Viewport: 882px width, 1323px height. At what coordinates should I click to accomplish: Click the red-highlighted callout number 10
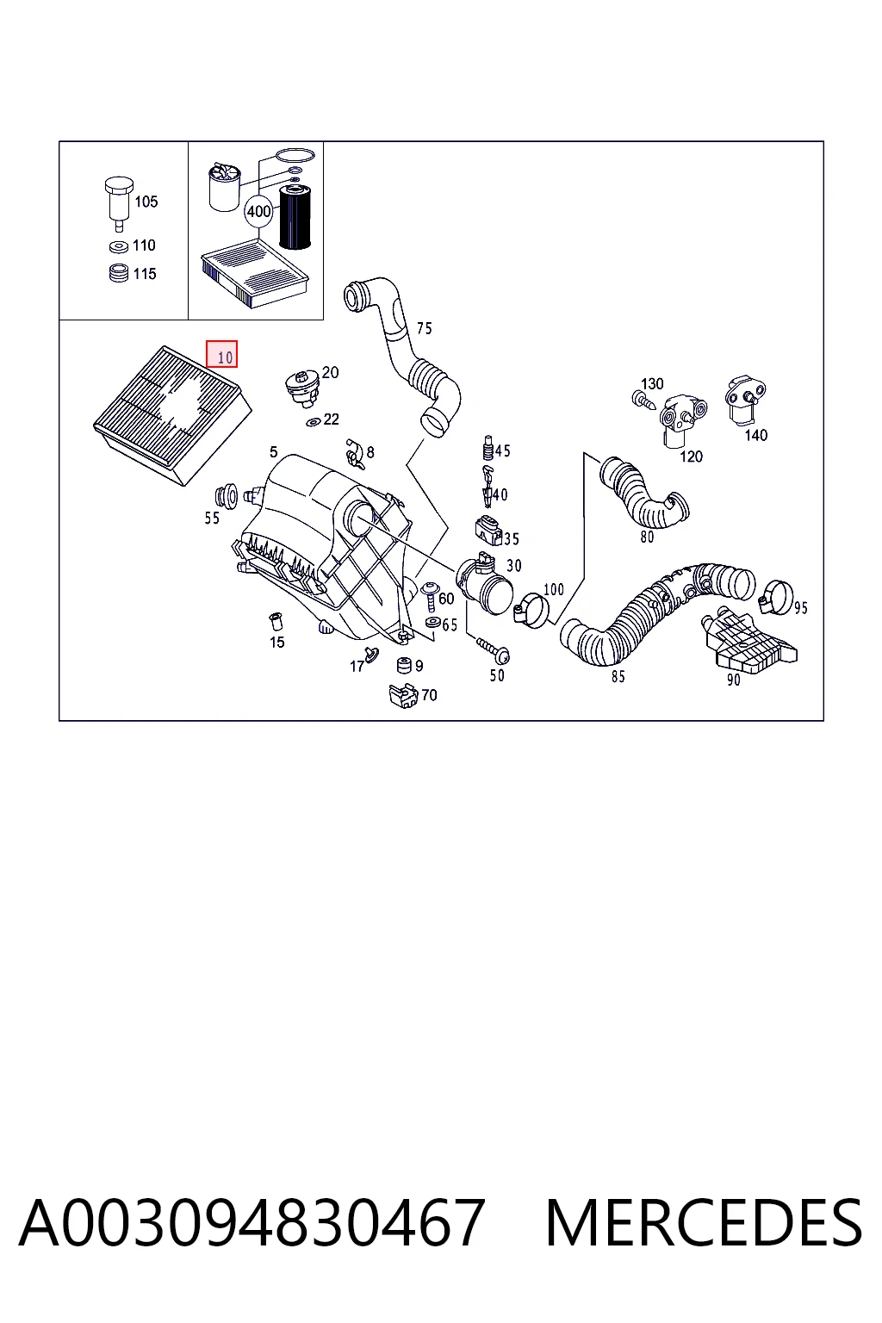point(221,354)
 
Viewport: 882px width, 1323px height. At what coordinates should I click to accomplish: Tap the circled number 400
point(258,211)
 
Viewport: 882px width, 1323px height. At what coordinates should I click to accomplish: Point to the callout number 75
point(424,328)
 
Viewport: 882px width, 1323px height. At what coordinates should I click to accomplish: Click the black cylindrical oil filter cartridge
point(295,217)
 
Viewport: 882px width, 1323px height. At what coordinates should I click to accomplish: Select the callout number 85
point(618,677)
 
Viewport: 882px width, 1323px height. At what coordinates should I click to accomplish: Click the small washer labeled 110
point(119,247)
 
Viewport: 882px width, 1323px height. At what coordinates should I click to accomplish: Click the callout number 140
point(755,435)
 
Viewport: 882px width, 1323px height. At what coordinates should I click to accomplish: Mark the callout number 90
point(733,680)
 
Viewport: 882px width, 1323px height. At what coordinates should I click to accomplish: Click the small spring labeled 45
point(488,448)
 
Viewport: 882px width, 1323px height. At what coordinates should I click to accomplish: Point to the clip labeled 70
point(403,696)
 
